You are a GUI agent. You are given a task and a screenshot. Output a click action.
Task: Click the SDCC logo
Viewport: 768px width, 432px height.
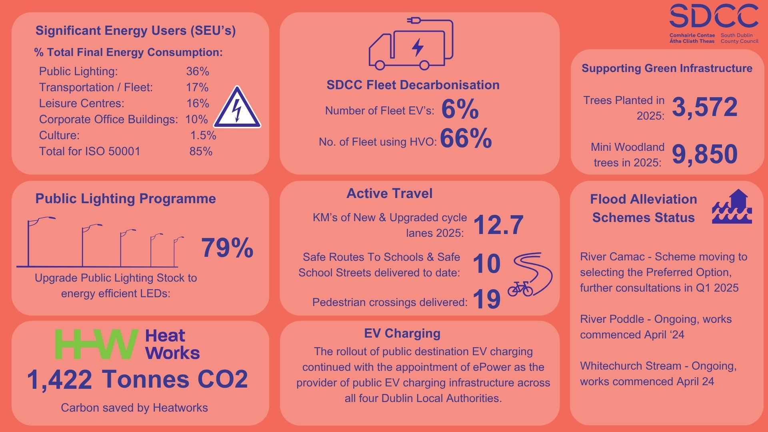point(714,24)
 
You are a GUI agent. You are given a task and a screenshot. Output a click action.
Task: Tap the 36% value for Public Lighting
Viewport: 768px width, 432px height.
point(198,72)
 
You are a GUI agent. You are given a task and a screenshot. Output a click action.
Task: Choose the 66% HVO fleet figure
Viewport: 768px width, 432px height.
point(466,139)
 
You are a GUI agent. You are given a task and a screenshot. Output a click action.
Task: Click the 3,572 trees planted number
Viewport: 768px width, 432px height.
point(705,107)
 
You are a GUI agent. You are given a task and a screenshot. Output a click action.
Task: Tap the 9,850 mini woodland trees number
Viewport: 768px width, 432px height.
point(705,154)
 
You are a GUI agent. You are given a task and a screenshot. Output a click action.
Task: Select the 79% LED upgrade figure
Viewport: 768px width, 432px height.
point(227,248)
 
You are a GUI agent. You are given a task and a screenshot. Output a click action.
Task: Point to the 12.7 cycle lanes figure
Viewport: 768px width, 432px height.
point(498,225)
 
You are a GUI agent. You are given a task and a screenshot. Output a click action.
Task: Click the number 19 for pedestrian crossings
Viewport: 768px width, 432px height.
point(486,299)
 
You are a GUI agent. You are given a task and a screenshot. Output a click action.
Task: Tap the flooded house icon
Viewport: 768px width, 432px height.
point(732,206)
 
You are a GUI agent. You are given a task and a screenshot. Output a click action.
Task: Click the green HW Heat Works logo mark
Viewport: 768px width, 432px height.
point(96,344)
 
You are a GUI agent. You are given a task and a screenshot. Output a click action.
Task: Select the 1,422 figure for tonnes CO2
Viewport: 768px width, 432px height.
point(60,380)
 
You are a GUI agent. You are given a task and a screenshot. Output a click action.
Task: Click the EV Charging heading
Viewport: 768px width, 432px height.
point(402,333)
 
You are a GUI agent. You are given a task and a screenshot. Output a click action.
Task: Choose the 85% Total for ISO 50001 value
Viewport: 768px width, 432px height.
point(201,152)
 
